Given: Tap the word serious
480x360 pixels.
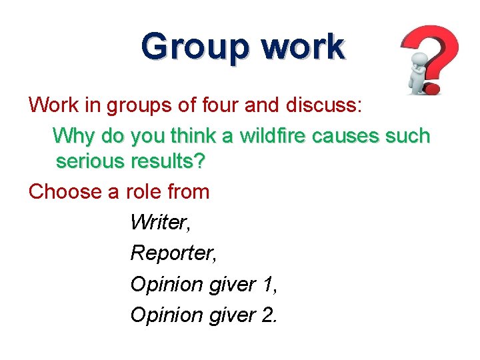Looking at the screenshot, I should tap(91, 161).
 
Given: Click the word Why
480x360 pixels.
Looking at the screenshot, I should tap(74, 136).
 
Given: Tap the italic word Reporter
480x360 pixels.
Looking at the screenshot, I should tap(169, 253).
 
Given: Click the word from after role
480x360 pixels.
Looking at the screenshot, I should tap(189, 192).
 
